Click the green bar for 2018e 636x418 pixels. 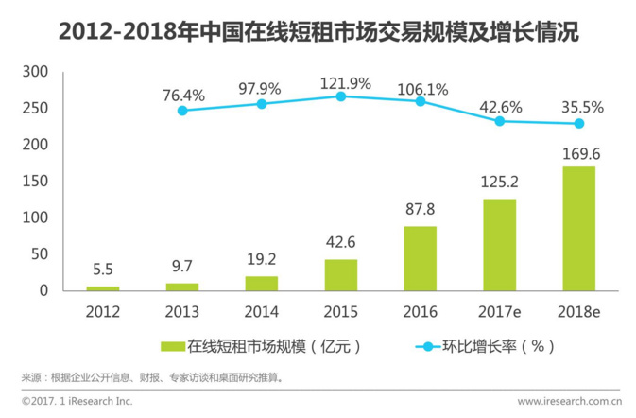pos(579,228)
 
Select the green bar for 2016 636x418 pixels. pos(421,258)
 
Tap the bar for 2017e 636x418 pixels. pos(500,244)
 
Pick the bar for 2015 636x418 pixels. pos(342,274)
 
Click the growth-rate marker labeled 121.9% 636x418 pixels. pos(342,96)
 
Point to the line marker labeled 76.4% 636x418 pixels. pos(182,111)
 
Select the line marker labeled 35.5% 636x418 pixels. pos(579,124)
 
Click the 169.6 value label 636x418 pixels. pos(579,151)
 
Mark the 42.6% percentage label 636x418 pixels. pos(500,106)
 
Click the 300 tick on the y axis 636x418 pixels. pos(35,72)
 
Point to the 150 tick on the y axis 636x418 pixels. pos(35,181)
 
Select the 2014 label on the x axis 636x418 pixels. pos(262,310)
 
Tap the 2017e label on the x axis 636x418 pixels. pos(500,310)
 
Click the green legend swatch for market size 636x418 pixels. pos(173,346)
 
